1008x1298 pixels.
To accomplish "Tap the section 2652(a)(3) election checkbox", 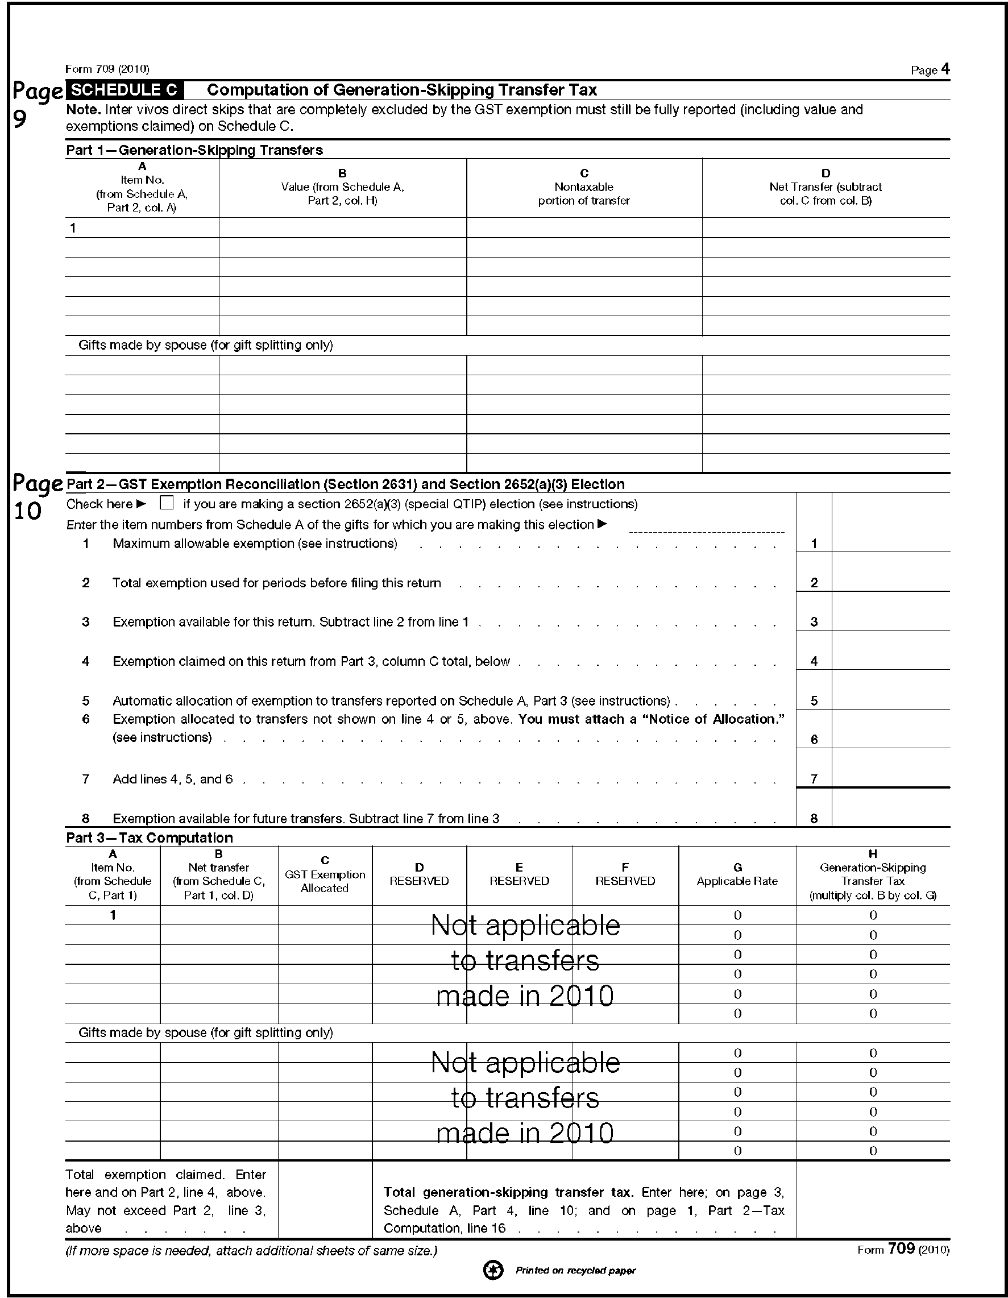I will click(x=167, y=503).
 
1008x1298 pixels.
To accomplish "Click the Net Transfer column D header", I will click(x=826, y=187).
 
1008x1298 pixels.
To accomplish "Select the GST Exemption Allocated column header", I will click(x=325, y=875).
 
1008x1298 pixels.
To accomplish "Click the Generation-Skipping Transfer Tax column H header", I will click(x=873, y=875).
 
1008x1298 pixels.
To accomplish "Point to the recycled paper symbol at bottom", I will click(x=493, y=1271).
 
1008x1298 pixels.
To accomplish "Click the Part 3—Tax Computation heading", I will click(x=149, y=837).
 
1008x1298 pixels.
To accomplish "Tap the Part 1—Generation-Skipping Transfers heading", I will click(x=194, y=150).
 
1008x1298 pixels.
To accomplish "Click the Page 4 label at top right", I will click(x=930, y=70).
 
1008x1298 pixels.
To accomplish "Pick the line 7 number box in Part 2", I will click(x=814, y=778).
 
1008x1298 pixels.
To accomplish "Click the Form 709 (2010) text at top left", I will click(x=107, y=69).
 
